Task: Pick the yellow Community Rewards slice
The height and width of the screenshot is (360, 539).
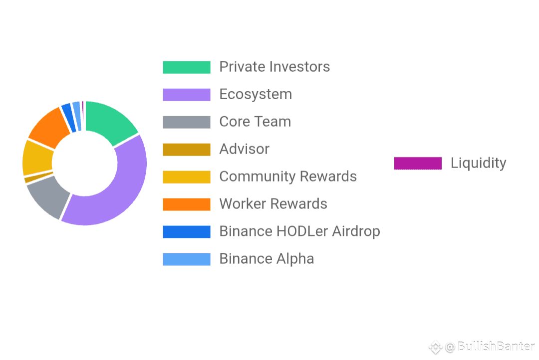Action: pyautogui.click(x=37, y=158)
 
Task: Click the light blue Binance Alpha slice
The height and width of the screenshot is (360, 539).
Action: pyautogui.click(x=77, y=116)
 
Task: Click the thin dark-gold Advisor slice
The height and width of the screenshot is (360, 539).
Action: pyautogui.click(x=38, y=177)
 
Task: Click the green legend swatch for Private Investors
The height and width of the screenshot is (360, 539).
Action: pyautogui.click(x=187, y=67)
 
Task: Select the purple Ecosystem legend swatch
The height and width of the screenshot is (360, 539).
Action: pyautogui.click(x=187, y=94)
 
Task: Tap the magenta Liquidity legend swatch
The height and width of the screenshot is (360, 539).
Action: pyautogui.click(x=418, y=163)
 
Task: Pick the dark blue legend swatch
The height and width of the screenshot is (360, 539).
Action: pyautogui.click(x=187, y=231)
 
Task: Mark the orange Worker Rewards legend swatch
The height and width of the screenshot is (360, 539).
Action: pyautogui.click(x=187, y=204)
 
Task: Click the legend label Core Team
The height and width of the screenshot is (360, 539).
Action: pyautogui.click(x=255, y=122)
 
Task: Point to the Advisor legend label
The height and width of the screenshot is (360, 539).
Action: pyautogui.click(x=245, y=149)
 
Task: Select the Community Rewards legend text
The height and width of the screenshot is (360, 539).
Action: pyautogui.click(x=288, y=177)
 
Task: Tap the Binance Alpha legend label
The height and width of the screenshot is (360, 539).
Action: pyautogui.click(x=267, y=259)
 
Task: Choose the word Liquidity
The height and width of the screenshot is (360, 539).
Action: pyautogui.click(x=479, y=163)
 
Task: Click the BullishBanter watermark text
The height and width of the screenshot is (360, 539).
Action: pyautogui.click(x=496, y=346)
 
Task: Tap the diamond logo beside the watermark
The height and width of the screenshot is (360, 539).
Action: pyautogui.click(x=435, y=347)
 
